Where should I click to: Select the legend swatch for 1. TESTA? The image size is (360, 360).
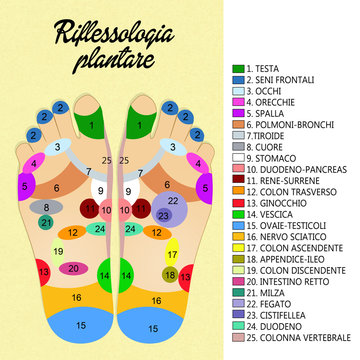[237, 69]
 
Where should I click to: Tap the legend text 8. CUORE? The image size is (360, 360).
[269, 145]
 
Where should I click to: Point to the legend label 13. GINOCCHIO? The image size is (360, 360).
[279, 200]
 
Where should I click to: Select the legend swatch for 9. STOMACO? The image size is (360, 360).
[237, 156]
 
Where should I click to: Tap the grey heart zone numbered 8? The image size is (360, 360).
[46, 208]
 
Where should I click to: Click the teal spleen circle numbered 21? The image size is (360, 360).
[46, 222]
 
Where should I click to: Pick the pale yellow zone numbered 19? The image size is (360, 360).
[59, 250]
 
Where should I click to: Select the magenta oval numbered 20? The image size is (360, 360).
[73, 268]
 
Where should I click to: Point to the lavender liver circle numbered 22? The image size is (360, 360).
[173, 200]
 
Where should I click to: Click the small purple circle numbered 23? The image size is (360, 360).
[163, 214]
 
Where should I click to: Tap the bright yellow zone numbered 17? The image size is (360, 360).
[172, 255]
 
